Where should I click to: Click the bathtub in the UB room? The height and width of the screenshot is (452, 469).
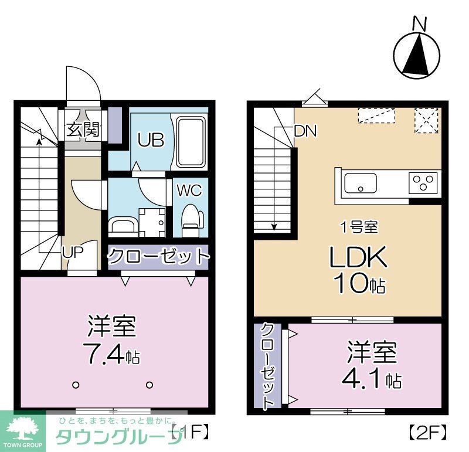[x=191, y=141]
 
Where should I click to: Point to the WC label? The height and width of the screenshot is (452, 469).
[x=189, y=191]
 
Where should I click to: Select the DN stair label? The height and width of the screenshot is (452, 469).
[x=305, y=131]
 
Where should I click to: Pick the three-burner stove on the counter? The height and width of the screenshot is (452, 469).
[x=423, y=183]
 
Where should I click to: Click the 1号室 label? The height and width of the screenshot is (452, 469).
[x=359, y=226]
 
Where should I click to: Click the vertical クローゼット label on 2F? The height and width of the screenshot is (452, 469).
[x=268, y=365]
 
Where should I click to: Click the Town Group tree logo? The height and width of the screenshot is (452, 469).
[x=22, y=427]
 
